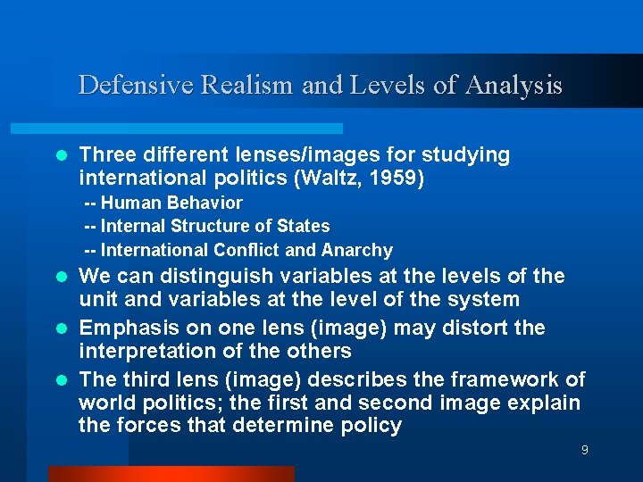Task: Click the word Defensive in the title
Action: [136, 85]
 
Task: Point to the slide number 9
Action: [584, 450]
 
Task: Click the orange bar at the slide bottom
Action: [170, 474]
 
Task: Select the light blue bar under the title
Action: [197, 129]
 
